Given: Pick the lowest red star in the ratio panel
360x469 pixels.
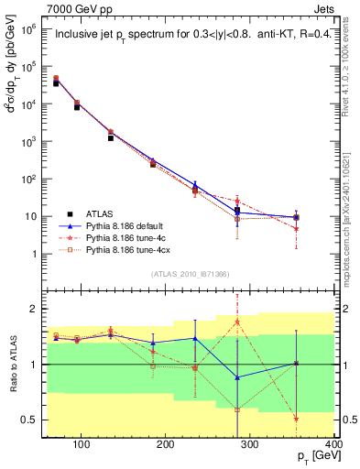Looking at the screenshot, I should click(x=322, y=419).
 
